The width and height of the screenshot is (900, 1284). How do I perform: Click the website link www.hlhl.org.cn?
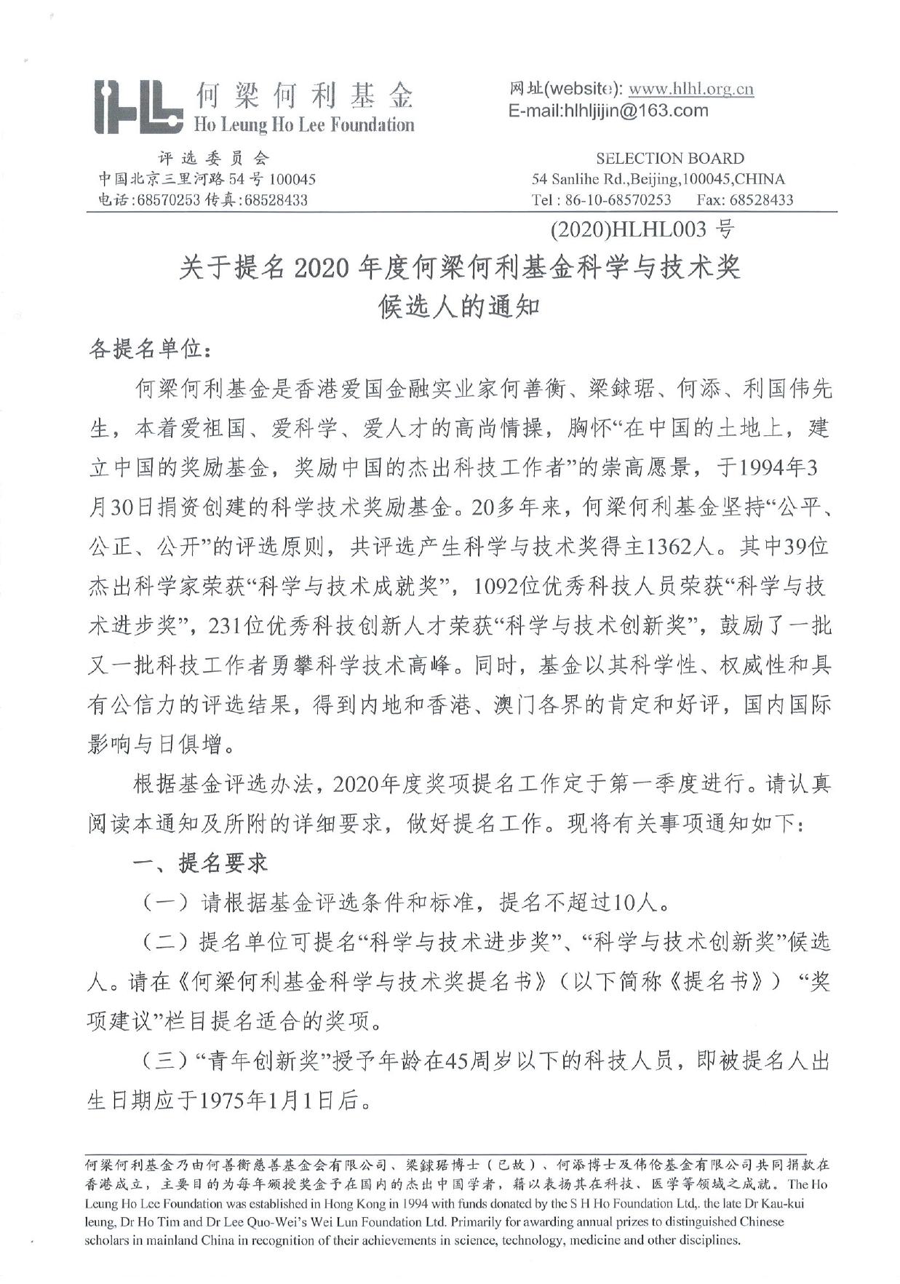[x=690, y=90]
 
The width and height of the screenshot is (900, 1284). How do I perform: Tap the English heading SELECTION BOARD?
[x=669, y=159]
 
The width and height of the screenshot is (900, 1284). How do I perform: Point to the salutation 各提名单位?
[x=145, y=349]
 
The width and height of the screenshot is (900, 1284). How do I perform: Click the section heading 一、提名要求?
[x=200, y=864]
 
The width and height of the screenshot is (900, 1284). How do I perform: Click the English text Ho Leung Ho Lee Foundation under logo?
[x=303, y=125]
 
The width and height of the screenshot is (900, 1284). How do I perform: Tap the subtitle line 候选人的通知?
[x=459, y=306]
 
